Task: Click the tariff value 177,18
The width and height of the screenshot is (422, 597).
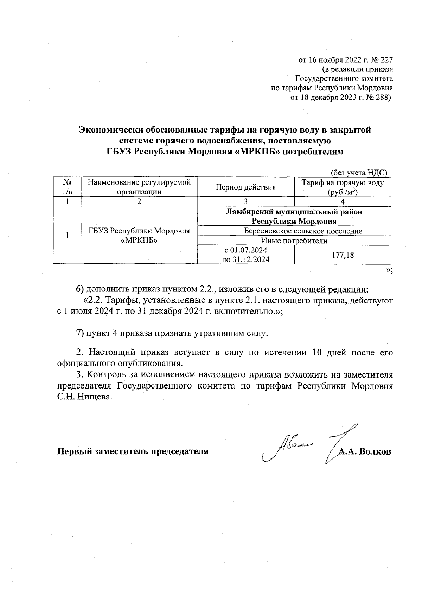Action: point(342,255)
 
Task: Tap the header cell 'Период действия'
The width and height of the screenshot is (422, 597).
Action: point(245,187)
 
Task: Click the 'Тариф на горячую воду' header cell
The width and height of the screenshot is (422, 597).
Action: point(342,187)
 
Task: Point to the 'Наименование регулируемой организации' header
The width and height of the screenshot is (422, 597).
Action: point(139,187)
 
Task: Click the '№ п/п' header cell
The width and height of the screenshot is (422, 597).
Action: point(67,187)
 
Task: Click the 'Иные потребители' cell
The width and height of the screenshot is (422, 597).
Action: point(294,241)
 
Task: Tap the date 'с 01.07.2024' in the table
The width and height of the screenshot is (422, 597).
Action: point(245,250)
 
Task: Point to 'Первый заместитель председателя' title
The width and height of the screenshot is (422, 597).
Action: point(133,452)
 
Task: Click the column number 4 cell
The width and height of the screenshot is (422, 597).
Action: point(342,201)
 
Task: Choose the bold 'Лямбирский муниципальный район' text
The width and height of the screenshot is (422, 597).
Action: point(294,212)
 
